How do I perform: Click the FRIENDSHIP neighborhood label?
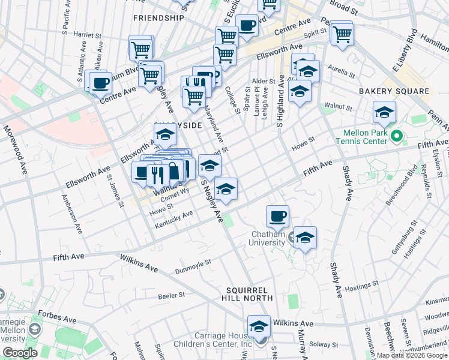pyautogui.click(x=158, y=18)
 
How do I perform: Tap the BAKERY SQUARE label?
pyautogui.click(x=394, y=92)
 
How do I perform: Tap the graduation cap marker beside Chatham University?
pyautogui.click(x=305, y=238)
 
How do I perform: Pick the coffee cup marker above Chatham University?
pyautogui.click(x=277, y=216)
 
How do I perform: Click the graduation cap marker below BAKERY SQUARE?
pyautogui.click(x=384, y=112)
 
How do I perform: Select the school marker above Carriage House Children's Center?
pyautogui.click(x=259, y=326)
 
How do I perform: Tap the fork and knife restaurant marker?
pyautogui.click(x=157, y=174)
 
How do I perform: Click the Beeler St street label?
pyautogui.click(x=170, y=296)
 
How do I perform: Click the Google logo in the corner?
pyautogui.click(x=20, y=353)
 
